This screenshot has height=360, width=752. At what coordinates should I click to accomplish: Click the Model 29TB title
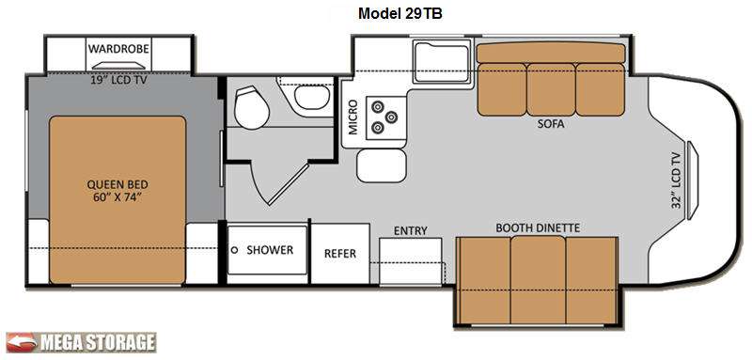click(x=400, y=14)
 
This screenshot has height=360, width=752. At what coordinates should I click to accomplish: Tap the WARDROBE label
click(x=118, y=49)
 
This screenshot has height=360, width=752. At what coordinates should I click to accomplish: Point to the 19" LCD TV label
click(x=118, y=81)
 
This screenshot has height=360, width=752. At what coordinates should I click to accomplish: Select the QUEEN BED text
click(x=117, y=184)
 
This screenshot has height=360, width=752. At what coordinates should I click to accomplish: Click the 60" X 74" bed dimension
click(x=117, y=198)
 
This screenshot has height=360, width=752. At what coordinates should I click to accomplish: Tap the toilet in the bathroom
click(x=251, y=106)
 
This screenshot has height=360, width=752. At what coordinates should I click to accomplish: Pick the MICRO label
click(x=353, y=117)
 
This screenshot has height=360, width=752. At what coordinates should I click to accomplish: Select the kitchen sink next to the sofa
click(x=441, y=62)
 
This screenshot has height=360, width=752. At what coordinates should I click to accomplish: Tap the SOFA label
click(x=550, y=125)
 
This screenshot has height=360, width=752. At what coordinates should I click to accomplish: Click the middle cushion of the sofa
click(x=551, y=89)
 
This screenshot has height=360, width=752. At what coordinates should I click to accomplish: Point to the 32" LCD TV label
click(x=676, y=179)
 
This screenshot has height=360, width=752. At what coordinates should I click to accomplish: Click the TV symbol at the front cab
click(x=693, y=180)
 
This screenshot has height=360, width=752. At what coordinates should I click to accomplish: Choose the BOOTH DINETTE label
click(x=538, y=227)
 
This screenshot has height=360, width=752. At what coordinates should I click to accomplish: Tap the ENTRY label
click(x=411, y=230)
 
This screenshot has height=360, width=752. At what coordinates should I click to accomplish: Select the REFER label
click(x=340, y=254)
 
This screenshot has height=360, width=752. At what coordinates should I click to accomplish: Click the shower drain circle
click(x=235, y=250)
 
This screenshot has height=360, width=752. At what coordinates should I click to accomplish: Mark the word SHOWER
click(x=270, y=250)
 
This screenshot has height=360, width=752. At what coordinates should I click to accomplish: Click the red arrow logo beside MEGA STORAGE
click(x=21, y=342)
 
